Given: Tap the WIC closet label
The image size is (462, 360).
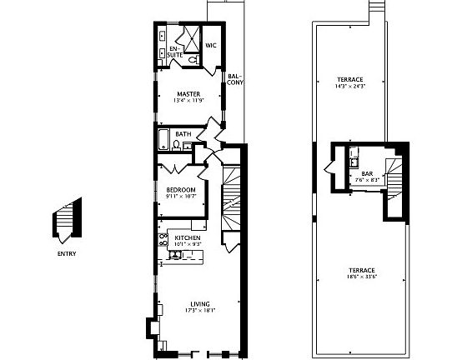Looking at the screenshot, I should (x=211, y=46).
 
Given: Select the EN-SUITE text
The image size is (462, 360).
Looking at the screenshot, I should (x=175, y=52).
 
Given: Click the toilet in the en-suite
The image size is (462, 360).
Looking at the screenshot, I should (x=192, y=60).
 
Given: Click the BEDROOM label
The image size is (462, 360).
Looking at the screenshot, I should (x=180, y=190).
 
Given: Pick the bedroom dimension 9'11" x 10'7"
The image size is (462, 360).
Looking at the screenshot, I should (x=180, y=197).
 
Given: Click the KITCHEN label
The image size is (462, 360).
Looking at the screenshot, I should (x=188, y=238).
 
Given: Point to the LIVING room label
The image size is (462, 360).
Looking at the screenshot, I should (x=199, y=303).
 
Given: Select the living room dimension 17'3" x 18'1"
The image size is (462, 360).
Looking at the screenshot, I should (x=199, y=311).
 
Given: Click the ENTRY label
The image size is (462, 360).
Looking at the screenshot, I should (x=67, y=254).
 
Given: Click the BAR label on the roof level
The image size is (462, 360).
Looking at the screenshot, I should (x=366, y=173).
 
